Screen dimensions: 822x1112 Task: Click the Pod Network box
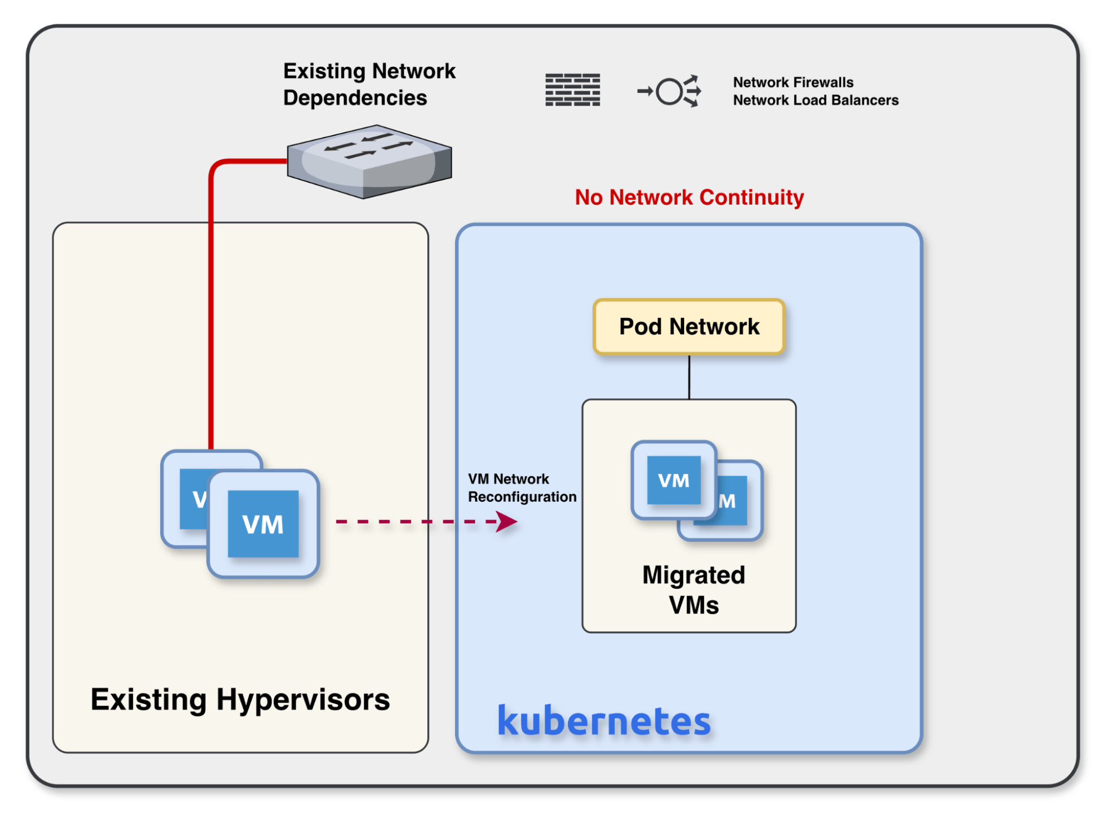689,326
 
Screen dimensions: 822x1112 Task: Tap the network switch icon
369,161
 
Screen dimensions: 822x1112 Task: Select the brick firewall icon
572,90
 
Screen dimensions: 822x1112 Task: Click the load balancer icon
669,91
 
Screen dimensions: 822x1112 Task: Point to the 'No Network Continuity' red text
689,197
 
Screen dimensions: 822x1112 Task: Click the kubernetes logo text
604,721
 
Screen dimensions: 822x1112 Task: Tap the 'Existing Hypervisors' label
240,699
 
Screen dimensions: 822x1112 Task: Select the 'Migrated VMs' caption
693,590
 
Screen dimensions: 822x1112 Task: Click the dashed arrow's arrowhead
507,522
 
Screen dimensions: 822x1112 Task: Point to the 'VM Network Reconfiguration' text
522,488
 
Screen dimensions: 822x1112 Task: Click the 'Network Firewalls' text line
793,82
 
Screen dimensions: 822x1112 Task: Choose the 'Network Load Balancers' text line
816,100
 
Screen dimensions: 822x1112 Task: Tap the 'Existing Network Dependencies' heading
369,84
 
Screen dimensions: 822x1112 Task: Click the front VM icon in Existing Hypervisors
263,524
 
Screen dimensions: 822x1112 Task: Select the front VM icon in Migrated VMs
674,480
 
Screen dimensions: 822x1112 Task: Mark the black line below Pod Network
689,377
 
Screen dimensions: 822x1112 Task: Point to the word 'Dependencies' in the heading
355,98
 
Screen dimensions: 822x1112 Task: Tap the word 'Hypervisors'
303,699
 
